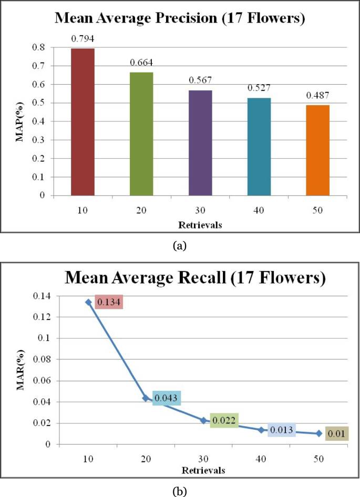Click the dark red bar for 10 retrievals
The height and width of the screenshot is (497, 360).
coord(83,122)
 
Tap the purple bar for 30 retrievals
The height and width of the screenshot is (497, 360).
coord(200,142)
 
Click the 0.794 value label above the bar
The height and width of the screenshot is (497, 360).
coord(83,39)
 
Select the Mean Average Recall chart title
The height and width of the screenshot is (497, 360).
coord(195,277)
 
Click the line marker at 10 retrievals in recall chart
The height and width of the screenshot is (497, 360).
coord(88,302)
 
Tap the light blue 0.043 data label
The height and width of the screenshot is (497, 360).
coord(167,398)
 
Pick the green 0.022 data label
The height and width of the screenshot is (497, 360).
coord(224,420)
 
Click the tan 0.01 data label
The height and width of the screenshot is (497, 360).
coord(335,434)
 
